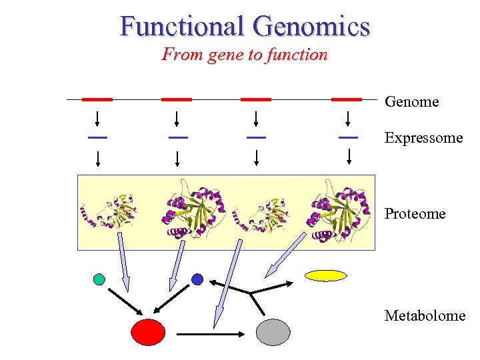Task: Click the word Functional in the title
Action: pyautogui.click(x=182, y=26)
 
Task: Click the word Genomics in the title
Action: pyautogui.click(x=311, y=26)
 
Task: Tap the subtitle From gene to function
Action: pyautogui.click(x=244, y=55)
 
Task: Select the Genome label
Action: pyautogui.click(x=411, y=102)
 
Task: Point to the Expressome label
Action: pyautogui.click(x=423, y=138)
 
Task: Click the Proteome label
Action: pyautogui.click(x=415, y=213)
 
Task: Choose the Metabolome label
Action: pyautogui.click(x=425, y=315)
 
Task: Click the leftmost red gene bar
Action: pyautogui.click(x=97, y=99)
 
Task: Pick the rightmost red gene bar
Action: pyautogui.click(x=347, y=99)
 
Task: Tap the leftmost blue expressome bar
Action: pyautogui.click(x=97, y=137)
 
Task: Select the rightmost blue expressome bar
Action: pyautogui.click(x=347, y=137)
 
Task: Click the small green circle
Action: pyautogui.click(x=99, y=279)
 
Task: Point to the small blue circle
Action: pyautogui.click(x=197, y=279)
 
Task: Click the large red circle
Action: pyautogui.click(x=148, y=332)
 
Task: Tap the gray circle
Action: pyautogui.click(x=273, y=332)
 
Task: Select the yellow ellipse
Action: pyautogui.click(x=325, y=275)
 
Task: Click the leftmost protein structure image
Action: pyautogui.click(x=113, y=212)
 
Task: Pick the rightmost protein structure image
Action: pyautogui.click(x=337, y=212)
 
